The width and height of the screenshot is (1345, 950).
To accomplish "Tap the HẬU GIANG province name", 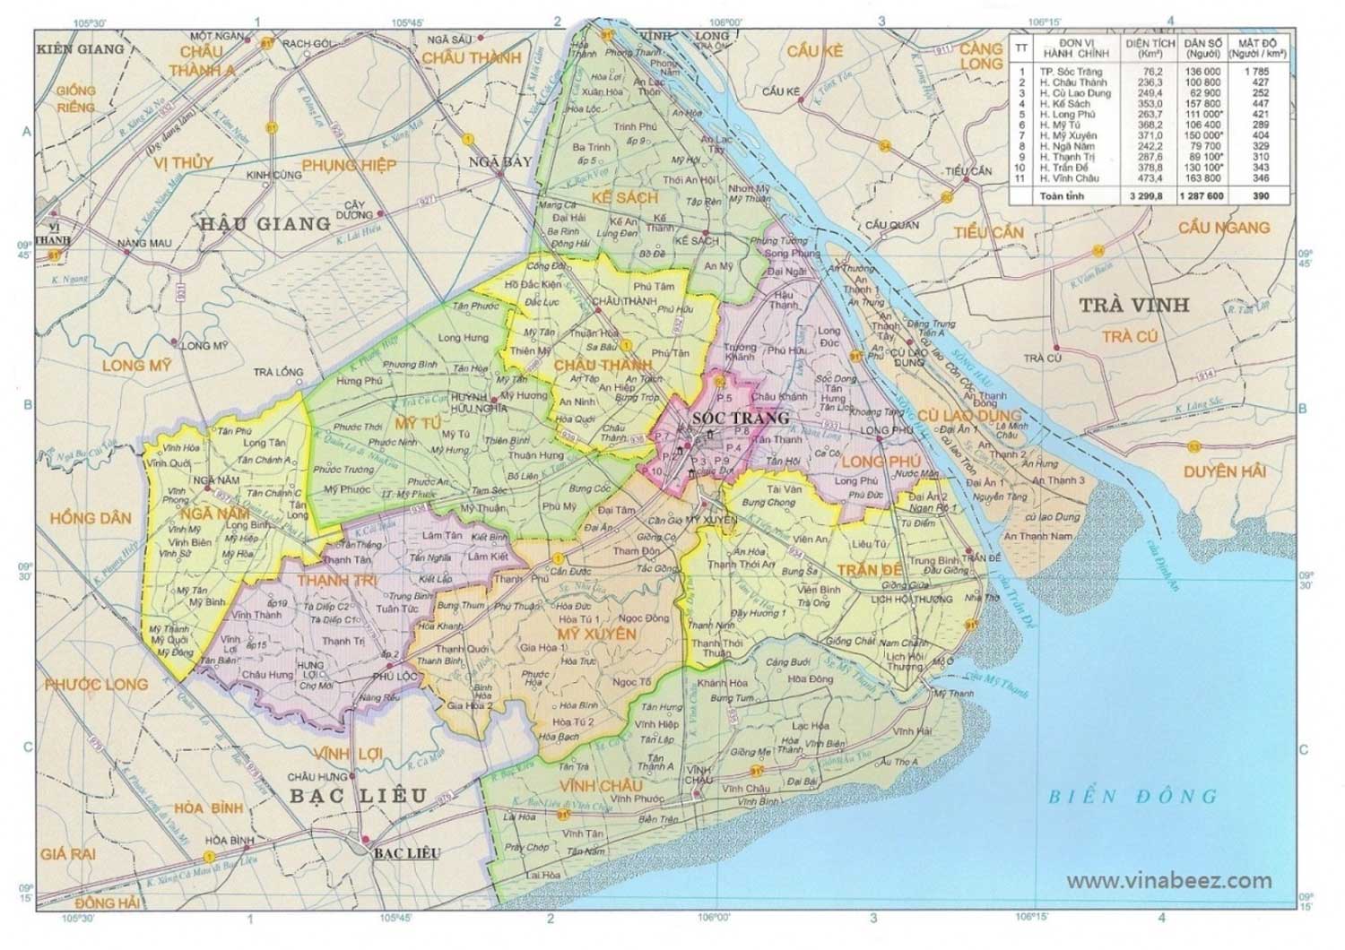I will (265, 223).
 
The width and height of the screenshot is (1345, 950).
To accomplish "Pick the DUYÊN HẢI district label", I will (1222, 471).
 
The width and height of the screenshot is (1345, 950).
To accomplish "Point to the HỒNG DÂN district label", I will (90, 518).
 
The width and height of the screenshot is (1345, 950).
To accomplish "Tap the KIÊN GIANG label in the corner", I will (80, 48).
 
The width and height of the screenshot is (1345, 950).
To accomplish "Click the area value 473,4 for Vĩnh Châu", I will (1151, 178).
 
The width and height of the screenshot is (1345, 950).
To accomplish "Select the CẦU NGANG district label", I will (1224, 228).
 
